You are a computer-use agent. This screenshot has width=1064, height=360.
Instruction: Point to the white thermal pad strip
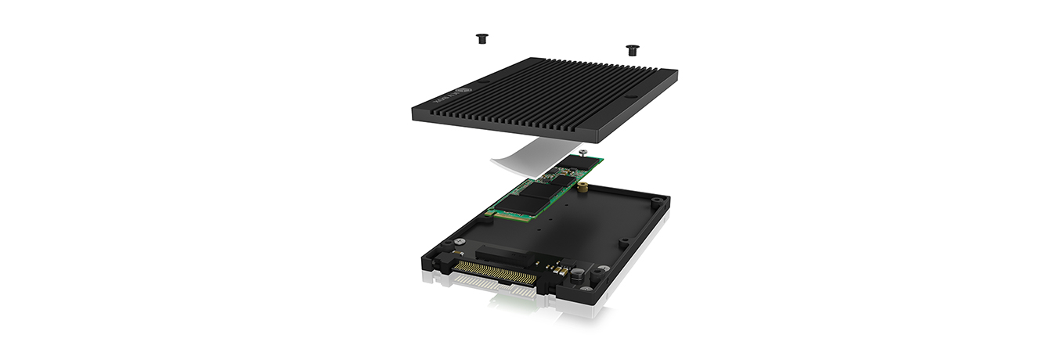coord(526,155)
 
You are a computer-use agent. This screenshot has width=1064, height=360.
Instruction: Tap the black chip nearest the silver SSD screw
coord(576,162)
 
